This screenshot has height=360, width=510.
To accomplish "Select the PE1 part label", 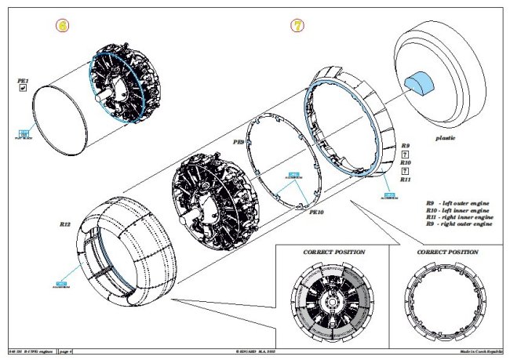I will click(23, 81).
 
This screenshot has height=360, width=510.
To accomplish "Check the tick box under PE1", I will click(23, 90).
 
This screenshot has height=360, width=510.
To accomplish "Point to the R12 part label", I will click(65, 225).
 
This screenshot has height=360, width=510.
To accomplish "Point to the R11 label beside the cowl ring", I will click(406, 180).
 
